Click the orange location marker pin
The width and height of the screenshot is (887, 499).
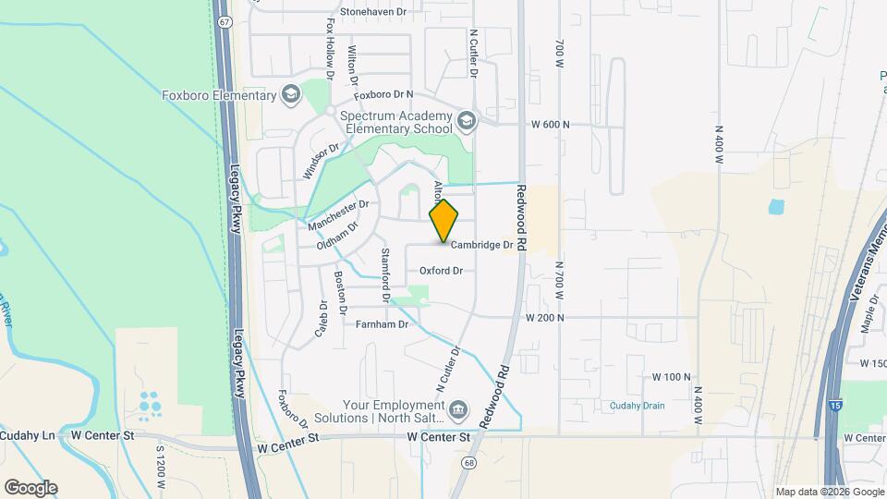(x=444, y=220)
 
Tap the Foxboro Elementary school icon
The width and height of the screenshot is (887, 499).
(x=291, y=95)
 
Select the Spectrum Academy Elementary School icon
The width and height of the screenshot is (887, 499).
(x=467, y=119)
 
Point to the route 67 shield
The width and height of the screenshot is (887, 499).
(x=225, y=21)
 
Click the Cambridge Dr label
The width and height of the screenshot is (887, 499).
(x=481, y=245)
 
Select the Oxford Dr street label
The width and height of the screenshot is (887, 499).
(x=440, y=271)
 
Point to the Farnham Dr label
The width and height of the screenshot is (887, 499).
(x=382, y=324)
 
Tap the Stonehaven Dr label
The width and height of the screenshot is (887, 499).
(x=373, y=12)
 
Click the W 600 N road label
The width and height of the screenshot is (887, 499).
(x=551, y=125)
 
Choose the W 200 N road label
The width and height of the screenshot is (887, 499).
(x=545, y=317)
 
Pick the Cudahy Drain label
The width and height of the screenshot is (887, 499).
(x=637, y=405)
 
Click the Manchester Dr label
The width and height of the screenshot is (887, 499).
(x=338, y=214)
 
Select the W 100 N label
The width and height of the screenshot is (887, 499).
(x=672, y=377)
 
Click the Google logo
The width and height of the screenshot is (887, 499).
(x=30, y=487)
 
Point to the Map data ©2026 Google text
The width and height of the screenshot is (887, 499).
(x=829, y=492)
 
